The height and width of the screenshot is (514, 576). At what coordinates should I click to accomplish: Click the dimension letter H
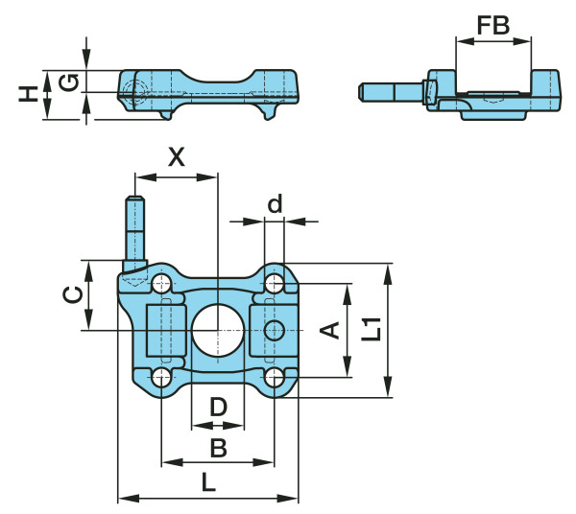(x=30, y=93)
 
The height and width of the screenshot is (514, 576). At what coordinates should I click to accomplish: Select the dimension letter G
(x=67, y=82)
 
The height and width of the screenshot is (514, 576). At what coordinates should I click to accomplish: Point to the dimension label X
(x=177, y=157)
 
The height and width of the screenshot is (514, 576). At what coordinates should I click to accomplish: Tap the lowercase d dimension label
(x=276, y=203)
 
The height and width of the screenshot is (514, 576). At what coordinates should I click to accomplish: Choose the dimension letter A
(x=329, y=331)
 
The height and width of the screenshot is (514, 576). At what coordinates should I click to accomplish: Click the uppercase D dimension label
(x=218, y=407)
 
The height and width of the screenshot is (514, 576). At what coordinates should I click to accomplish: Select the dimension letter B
(x=218, y=447)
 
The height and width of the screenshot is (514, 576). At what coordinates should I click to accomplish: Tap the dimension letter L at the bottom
(x=207, y=484)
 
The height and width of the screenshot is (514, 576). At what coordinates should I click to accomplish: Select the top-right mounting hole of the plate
(x=276, y=283)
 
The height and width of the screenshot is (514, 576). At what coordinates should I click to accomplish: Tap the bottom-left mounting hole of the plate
(x=161, y=376)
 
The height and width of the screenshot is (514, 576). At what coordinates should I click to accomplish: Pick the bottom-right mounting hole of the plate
(x=276, y=376)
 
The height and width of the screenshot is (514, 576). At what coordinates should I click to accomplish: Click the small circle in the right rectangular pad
(x=275, y=331)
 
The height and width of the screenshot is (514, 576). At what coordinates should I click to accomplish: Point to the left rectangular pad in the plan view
(x=164, y=331)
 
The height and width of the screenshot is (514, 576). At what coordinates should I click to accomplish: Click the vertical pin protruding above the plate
(x=135, y=230)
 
